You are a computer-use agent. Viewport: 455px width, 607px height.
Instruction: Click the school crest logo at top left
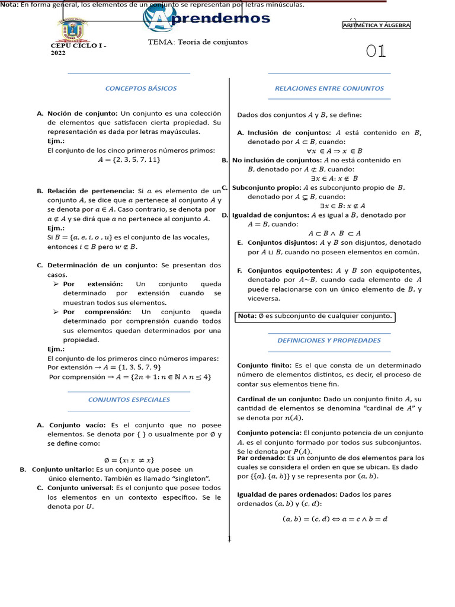pyautogui.click(x=72, y=28)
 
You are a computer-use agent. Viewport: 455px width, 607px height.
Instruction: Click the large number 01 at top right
pyautogui.click(x=376, y=52)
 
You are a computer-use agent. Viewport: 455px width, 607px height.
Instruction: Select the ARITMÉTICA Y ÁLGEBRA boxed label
pyautogui.click(x=376, y=25)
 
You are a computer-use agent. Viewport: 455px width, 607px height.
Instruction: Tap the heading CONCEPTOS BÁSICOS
pyautogui.click(x=141, y=88)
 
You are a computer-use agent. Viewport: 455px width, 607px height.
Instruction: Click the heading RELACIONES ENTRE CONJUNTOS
pyautogui.click(x=329, y=88)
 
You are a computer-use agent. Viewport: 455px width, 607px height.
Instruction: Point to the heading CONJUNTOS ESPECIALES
pyautogui.click(x=129, y=400)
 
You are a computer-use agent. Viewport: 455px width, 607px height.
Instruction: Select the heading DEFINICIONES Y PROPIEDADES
pyautogui.click(x=329, y=340)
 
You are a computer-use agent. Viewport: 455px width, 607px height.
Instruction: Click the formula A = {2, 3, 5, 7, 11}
pyautogui.click(x=129, y=159)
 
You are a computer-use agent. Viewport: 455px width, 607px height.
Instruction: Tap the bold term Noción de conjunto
pyautogui.click(x=83, y=113)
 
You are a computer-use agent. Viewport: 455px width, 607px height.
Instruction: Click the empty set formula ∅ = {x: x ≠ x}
pyautogui.click(x=129, y=459)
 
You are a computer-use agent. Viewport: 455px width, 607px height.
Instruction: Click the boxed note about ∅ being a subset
pyautogui.click(x=315, y=317)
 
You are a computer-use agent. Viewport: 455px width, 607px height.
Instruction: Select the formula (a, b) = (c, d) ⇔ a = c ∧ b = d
pyautogui.click(x=335, y=519)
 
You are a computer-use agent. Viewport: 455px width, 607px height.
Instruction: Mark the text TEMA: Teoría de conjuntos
pyautogui.click(x=198, y=42)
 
